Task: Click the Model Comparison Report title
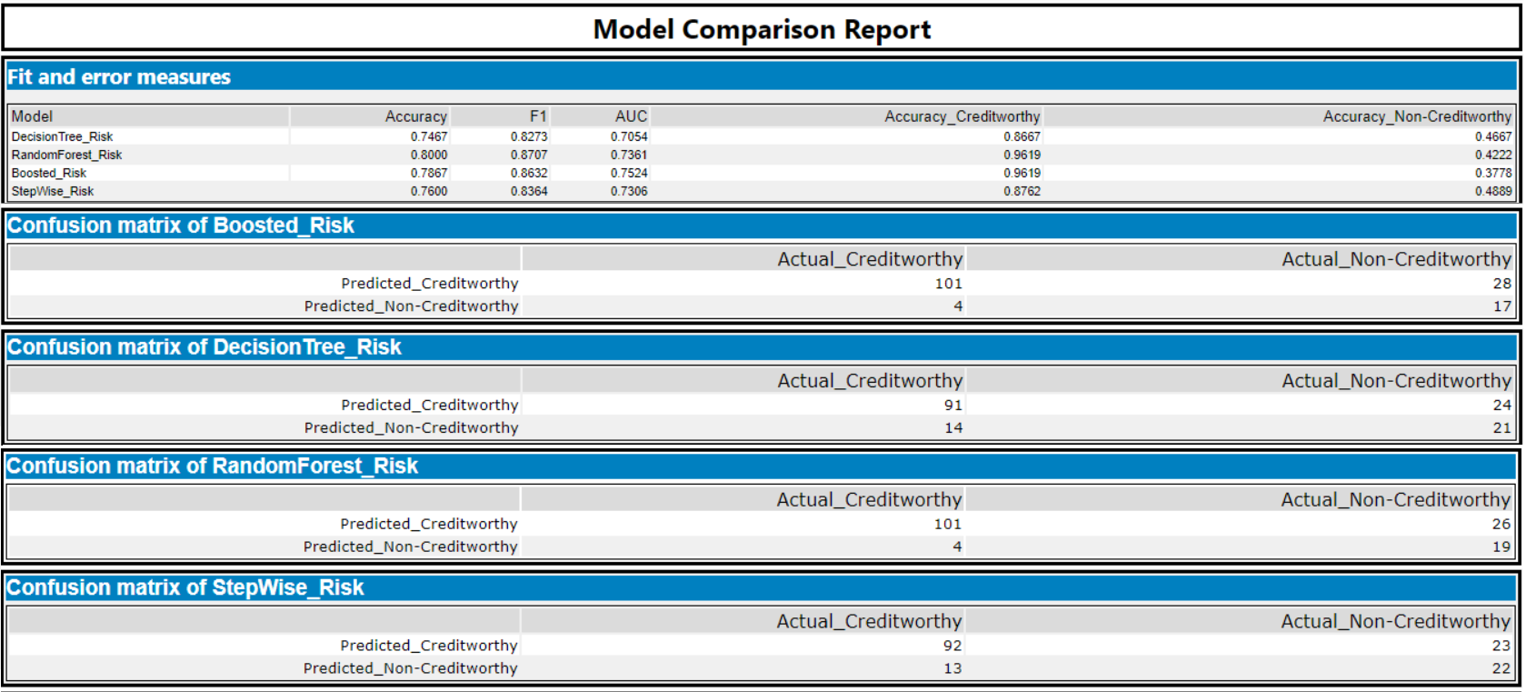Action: tap(762, 29)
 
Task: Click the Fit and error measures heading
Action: tap(119, 77)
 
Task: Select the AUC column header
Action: tap(631, 116)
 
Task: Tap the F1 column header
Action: tap(538, 116)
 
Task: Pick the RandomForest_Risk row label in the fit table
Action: tap(66, 155)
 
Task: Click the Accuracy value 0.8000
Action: tap(429, 155)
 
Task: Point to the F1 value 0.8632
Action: tap(529, 173)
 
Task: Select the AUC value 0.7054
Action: tap(629, 136)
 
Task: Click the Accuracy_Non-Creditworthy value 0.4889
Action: tap(1493, 191)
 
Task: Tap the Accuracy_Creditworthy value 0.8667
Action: tap(1022, 136)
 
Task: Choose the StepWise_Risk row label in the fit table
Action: tap(53, 191)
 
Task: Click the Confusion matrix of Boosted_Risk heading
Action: tap(181, 226)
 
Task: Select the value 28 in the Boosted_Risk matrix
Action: tap(1501, 284)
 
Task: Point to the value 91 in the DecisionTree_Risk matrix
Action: tap(953, 406)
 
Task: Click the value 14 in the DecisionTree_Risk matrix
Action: tap(953, 428)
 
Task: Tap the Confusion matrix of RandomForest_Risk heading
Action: tap(213, 466)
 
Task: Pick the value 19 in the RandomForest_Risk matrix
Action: tap(1501, 547)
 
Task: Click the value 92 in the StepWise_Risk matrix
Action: tap(952, 646)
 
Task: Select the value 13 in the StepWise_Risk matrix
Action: tap(952, 668)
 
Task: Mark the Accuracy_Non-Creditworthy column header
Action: tap(1416, 116)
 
